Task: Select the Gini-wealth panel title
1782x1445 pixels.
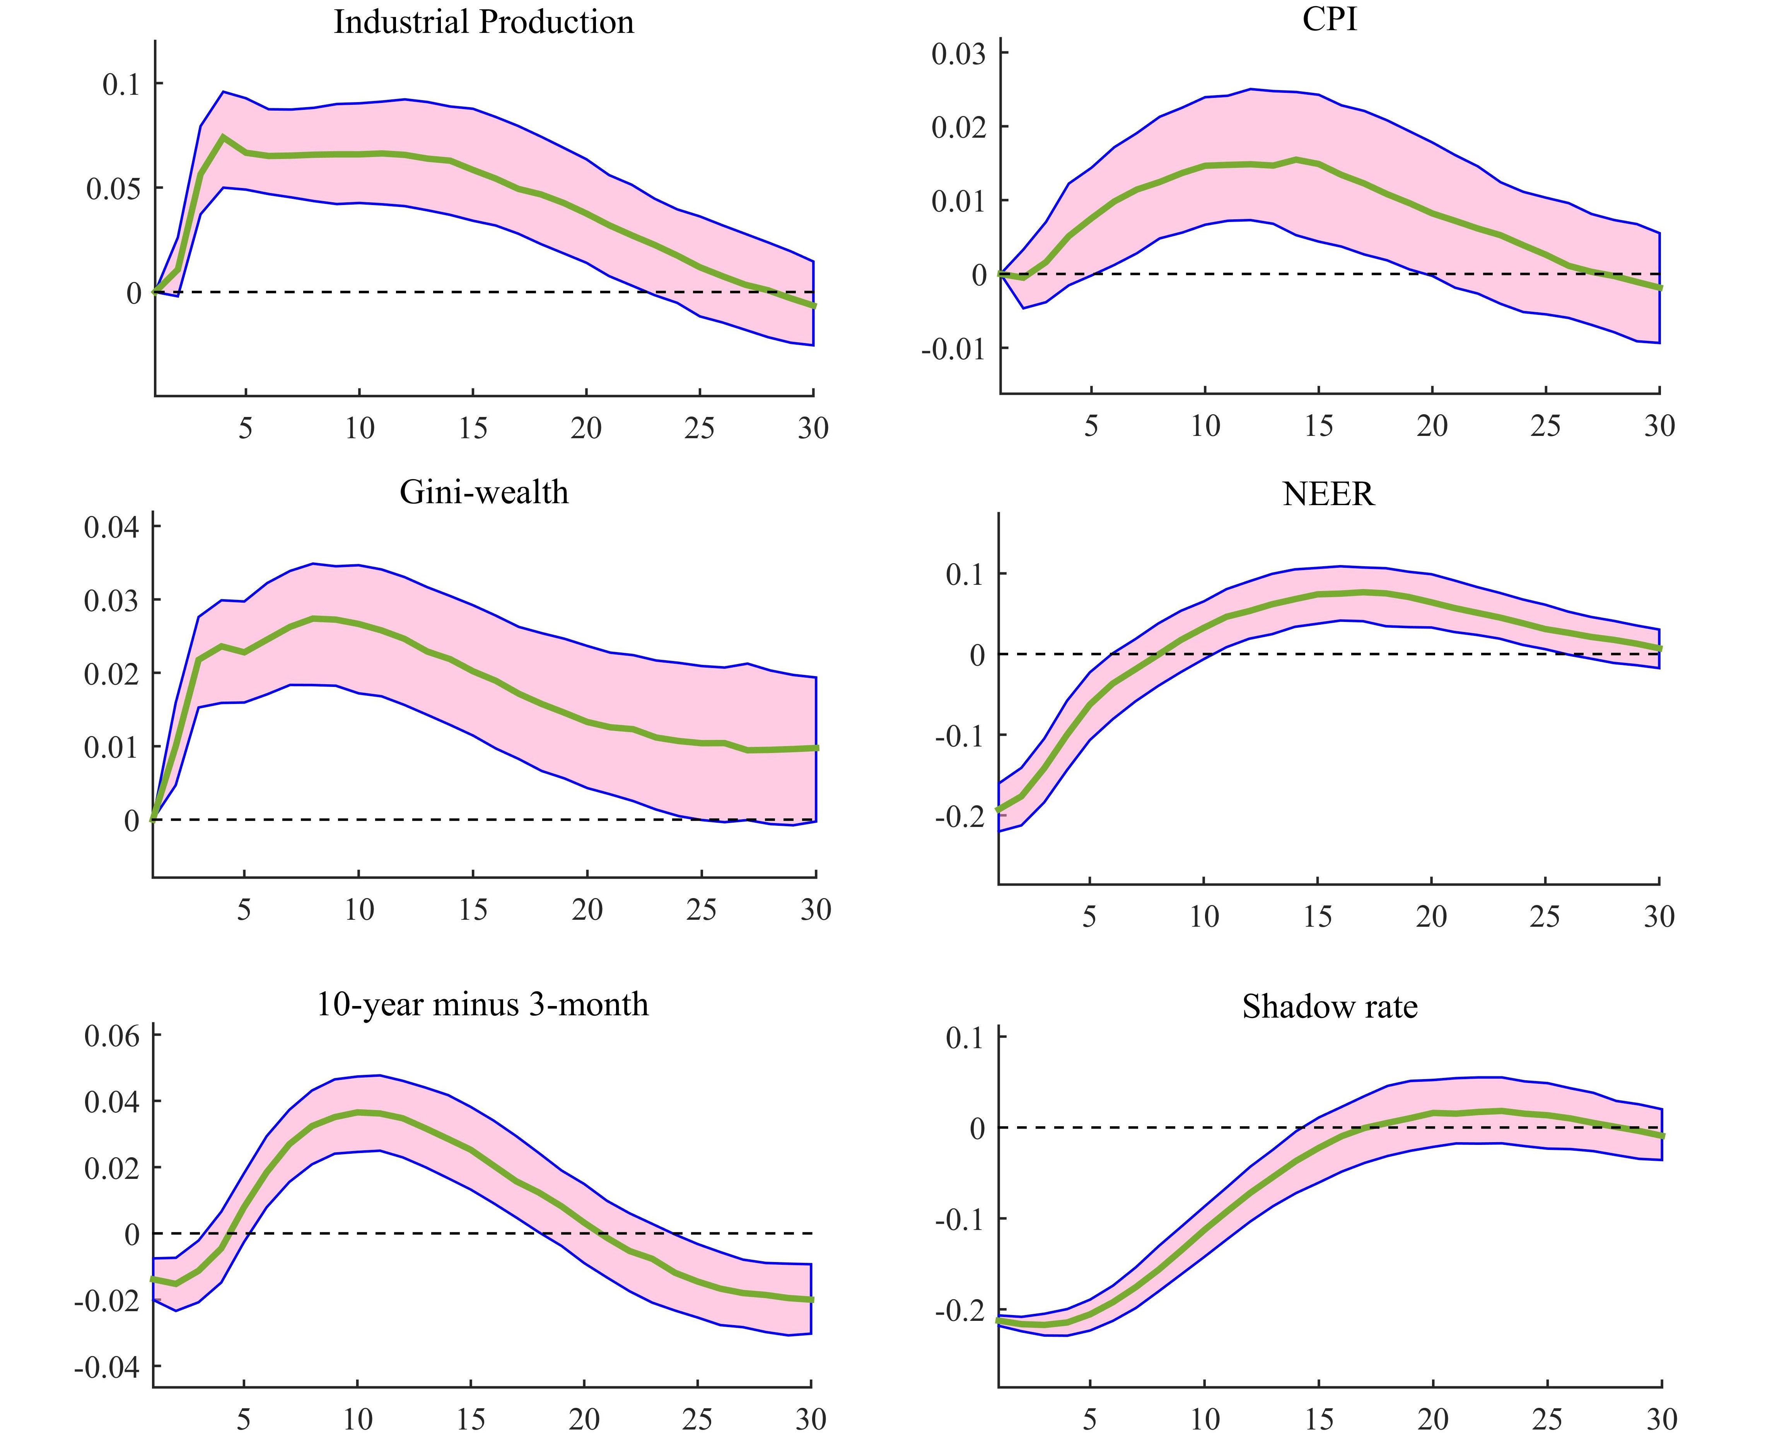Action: pyautogui.click(x=483, y=492)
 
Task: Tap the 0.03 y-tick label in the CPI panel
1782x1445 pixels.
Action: pyautogui.click(x=958, y=54)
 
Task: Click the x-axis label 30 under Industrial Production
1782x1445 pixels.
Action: pyautogui.click(x=813, y=429)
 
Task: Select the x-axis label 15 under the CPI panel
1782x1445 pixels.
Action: pyautogui.click(x=1318, y=426)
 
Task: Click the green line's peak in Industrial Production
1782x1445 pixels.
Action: pyautogui.click(x=223, y=137)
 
